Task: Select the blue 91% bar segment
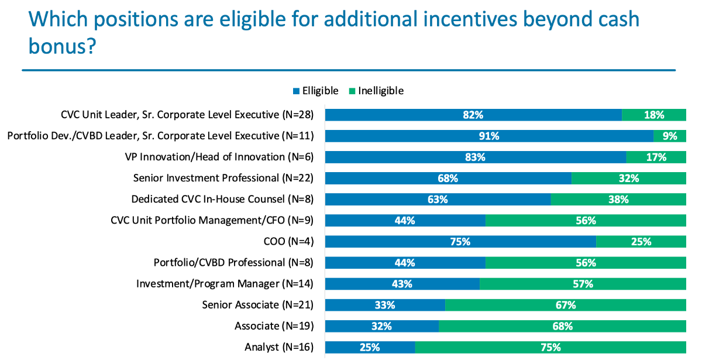(x=489, y=136)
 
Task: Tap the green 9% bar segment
(x=670, y=136)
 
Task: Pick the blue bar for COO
(x=460, y=241)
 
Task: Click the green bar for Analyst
(x=550, y=347)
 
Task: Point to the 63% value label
(x=438, y=199)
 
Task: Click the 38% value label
(x=618, y=199)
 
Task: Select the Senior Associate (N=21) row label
(x=257, y=305)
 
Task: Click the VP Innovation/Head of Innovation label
(x=219, y=157)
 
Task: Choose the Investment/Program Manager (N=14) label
(x=225, y=284)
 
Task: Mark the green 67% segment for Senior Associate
(x=565, y=305)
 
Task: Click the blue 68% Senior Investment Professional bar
(x=448, y=178)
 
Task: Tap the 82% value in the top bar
(x=473, y=115)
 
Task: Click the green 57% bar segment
(x=583, y=284)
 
